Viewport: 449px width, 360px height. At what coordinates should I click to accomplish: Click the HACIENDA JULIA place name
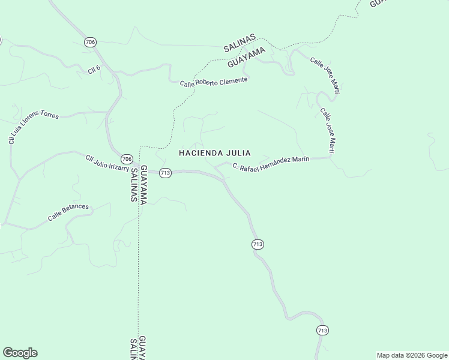point(214,153)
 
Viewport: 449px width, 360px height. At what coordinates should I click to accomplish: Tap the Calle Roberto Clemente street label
point(214,82)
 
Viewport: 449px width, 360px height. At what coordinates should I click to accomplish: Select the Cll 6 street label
point(94,70)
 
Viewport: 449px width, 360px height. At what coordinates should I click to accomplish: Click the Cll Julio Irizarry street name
point(107,163)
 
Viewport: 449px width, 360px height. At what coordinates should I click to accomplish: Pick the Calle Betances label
point(68,212)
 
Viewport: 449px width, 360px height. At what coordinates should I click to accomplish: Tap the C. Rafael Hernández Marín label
point(271,163)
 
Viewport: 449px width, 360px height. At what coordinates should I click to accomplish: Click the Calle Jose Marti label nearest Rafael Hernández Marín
point(327,129)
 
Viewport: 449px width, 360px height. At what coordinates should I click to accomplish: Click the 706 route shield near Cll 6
point(90,42)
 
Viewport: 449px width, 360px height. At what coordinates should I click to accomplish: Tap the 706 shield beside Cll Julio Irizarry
point(126,159)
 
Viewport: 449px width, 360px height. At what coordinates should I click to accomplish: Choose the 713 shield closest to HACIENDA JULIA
point(166,173)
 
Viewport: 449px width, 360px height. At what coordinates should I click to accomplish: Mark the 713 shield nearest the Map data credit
point(322,330)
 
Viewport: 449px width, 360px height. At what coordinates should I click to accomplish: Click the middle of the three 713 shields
point(258,244)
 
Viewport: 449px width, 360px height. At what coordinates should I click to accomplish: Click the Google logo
point(20,353)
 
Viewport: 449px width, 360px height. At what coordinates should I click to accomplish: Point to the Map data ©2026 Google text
point(412,355)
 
